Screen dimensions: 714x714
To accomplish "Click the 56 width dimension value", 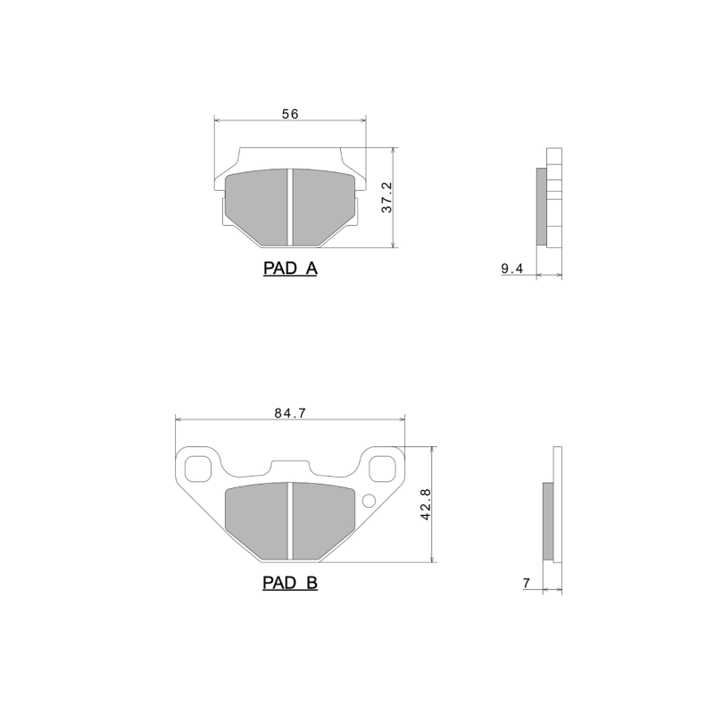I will pos(289,113).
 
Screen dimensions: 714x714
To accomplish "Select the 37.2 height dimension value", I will pos(386,197).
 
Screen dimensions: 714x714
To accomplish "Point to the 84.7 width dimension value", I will pos(290,412).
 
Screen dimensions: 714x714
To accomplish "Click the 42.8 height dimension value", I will pos(426,504).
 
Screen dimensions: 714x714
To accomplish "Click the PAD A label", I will pos(290,268).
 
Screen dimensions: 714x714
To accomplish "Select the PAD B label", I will pos(290,584).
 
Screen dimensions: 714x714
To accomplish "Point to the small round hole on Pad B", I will pos(368,499).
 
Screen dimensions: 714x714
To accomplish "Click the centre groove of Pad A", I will pos(290,206).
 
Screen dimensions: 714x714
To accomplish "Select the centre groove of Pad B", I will pos(290,520).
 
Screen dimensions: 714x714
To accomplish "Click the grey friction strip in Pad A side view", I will pos(541,206).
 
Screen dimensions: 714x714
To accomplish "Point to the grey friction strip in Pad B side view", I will pos(548,522).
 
